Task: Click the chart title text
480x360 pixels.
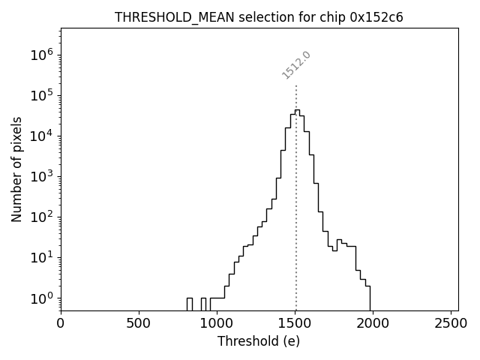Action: (259, 17)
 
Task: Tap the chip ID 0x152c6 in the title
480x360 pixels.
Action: (376, 17)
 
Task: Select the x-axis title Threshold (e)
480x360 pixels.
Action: (259, 341)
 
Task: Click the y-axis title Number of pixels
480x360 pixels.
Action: (16, 169)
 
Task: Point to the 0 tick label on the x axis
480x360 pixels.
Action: (61, 323)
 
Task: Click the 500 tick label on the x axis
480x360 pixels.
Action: (139, 323)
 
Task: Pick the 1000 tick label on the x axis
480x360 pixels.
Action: (217, 323)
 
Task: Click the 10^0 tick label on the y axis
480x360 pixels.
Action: (42, 298)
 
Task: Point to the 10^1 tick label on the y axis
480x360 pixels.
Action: (42, 257)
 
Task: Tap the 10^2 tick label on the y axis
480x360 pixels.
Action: (42, 217)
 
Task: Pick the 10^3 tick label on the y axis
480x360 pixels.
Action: (42, 176)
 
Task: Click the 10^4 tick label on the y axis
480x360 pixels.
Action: (42, 136)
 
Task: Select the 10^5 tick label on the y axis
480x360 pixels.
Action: (42, 95)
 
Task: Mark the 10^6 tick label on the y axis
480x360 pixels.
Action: (42, 55)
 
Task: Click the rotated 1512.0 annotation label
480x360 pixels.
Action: (296, 65)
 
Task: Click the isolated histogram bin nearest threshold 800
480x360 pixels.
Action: (189, 303)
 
